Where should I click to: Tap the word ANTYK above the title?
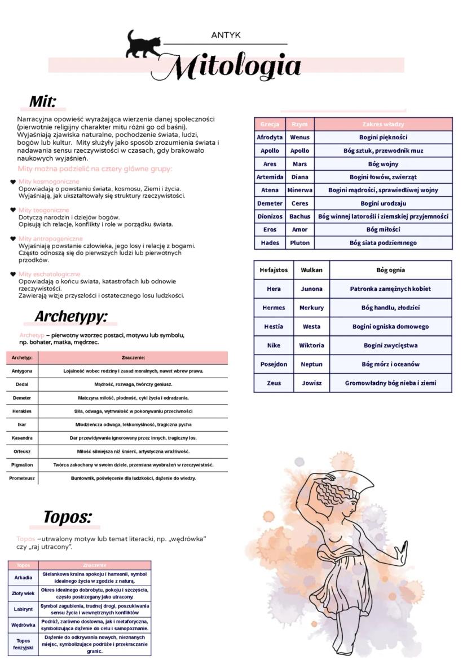click(226, 36)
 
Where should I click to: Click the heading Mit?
click(43, 101)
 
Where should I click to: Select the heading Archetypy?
click(71, 317)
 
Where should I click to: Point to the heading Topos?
click(67, 517)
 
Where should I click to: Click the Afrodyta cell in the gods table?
click(270, 138)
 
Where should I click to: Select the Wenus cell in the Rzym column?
click(299, 138)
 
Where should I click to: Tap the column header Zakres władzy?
click(383, 124)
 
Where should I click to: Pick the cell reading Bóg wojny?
click(383, 164)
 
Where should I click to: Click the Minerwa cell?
click(299, 191)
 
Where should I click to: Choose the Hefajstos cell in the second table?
click(274, 270)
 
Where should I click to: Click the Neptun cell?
click(311, 364)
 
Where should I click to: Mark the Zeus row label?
click(274, 383)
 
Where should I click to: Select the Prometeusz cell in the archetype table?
click(22, 479)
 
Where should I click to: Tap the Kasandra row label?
click(22, 438)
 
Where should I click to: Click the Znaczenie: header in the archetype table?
click(133, 357)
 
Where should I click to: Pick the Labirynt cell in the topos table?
click(23, 609)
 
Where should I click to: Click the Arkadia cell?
click(23, 578)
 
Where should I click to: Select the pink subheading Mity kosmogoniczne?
click(49, 181)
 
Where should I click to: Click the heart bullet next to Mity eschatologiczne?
click(13, 274)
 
